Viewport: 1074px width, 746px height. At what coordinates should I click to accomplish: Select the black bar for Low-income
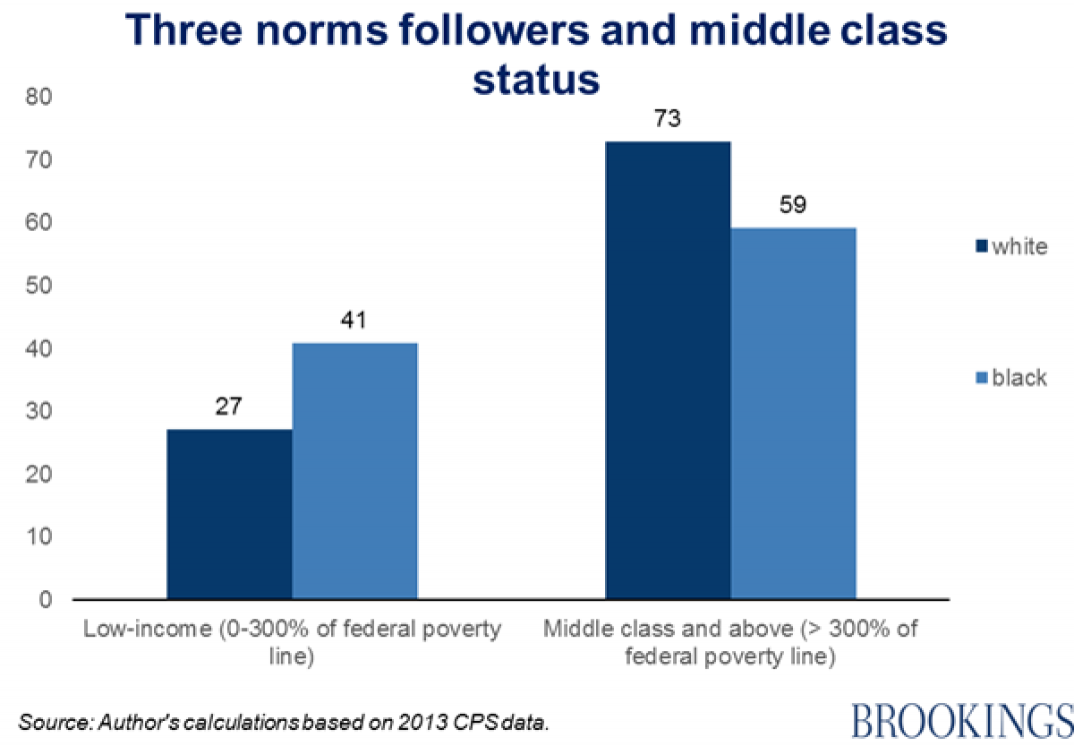[354, 470]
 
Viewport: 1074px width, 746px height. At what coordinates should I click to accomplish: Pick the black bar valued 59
[793, 413]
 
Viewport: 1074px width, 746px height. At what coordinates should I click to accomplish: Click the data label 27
[230, 406]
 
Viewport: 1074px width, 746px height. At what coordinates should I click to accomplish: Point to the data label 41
[354, 319]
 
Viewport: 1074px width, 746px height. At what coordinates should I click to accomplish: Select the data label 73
[668, 117]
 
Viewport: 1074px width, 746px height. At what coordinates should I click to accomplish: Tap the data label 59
[793, 205]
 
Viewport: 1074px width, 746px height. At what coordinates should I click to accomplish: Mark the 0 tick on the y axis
[43, 599]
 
